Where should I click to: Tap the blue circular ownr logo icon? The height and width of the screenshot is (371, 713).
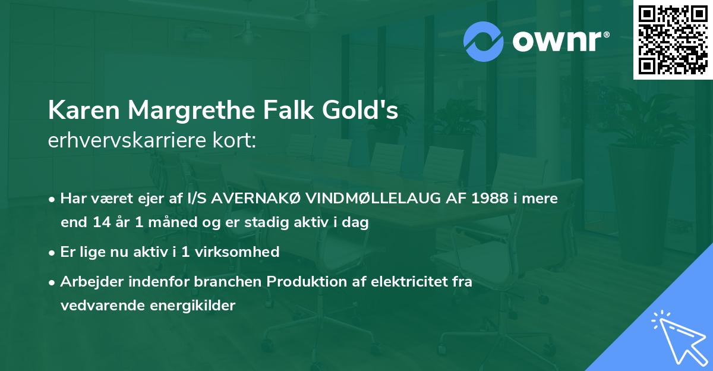click(484, 42)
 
